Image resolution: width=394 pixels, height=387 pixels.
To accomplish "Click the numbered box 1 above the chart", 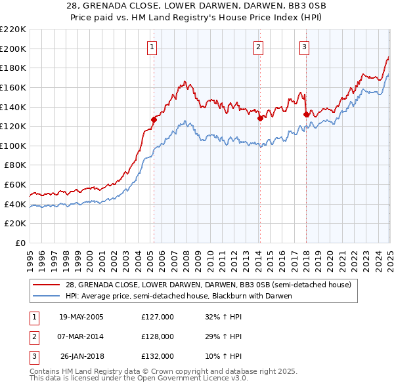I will [x=152, y=47].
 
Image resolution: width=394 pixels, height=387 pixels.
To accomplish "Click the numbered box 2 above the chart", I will [x=259, y=47].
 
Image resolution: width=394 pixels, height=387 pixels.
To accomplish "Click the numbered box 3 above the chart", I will [x=305, y=47].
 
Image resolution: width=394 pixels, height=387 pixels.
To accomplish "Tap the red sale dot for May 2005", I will [x=154, y=119].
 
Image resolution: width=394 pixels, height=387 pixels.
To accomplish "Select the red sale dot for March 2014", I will [x=260, y=118].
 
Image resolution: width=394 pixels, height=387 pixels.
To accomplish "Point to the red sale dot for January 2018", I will [x=306, y=114].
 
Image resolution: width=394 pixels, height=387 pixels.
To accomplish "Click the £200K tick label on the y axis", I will [x=13, y=49].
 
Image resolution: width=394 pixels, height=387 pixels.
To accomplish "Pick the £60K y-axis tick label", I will [x=15, y=185].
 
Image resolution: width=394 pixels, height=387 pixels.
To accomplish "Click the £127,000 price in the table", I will [x=158, y=317].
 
